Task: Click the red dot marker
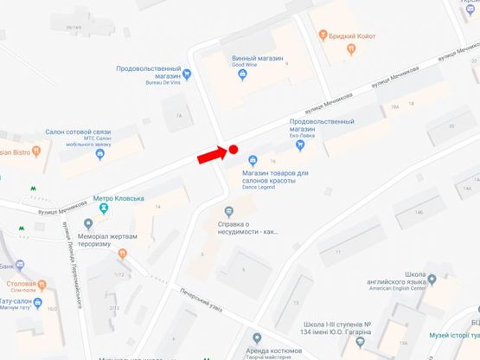233,150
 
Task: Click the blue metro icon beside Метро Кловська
104,209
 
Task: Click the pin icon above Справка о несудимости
228,212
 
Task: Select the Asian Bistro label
15,152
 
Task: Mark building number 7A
179,114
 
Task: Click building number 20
450,126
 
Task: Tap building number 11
332,252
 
